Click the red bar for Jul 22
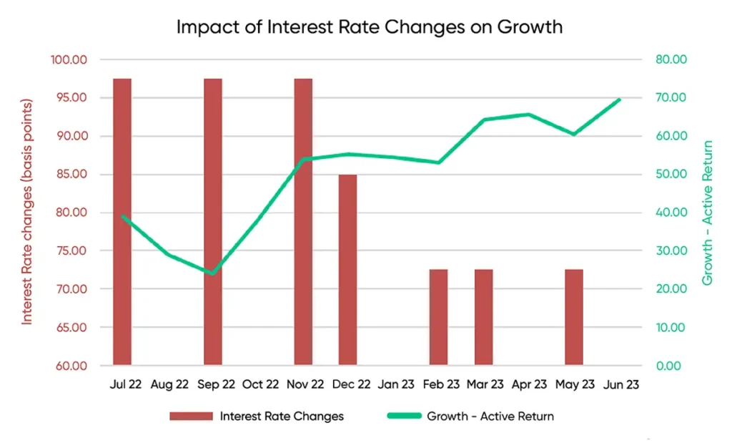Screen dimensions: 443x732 pyautogui.click(x=122, y=222)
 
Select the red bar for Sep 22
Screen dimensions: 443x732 pyautogui.click(x=212, y=222)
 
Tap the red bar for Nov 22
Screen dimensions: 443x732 pyautogui.click(x=303, y=222)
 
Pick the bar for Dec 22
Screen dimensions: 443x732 pyautogui.click(x=348, y=270)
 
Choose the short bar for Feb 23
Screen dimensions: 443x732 pyautogui.click(x=438, y=317)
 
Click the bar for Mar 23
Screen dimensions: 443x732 pyautogui.click(x=484, y=317)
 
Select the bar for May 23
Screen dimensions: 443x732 pyautogui.click(x=574, y=317)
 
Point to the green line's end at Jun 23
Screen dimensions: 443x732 pyautogui.click(x=619, y=99)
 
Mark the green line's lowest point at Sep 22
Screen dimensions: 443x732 pyautogui.click(x=212, y=273)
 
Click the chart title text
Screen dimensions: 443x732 pyautogui.click(x=369, y=27)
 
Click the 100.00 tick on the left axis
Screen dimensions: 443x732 pyautogui.click(x=69, y=59)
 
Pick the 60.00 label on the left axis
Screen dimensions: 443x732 pyautogui.click(x=69, y=366)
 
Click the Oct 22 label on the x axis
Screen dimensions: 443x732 pyautogui.click(x=260, y=384)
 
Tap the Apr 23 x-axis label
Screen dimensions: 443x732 pyautogui.click(x=530, y=384)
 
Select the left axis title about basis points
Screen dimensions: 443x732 pyautogui.click(x=28, y=213)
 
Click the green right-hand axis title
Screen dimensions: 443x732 pyautogui.click(x=707, y=213)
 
